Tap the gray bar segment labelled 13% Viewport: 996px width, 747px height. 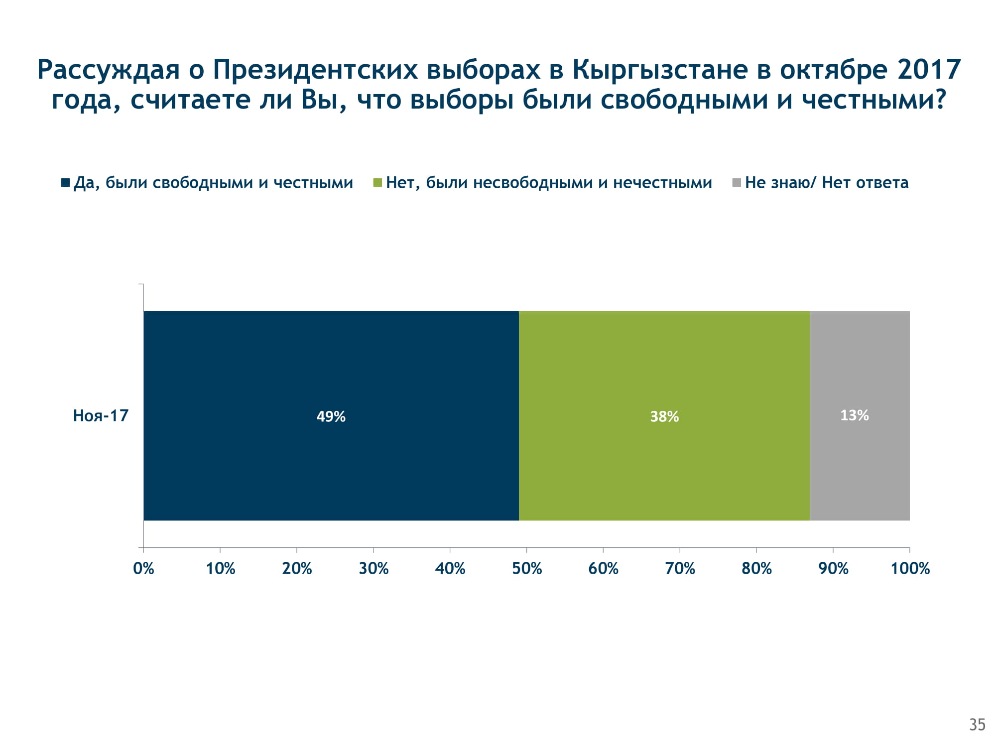tap(860, 463)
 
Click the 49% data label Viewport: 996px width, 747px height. tap(331, 416)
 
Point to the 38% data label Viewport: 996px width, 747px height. tap(664, 416)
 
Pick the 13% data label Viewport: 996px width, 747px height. tap(855, 415)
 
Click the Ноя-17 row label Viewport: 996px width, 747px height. tap(101, 416)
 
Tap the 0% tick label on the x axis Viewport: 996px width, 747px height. tap(143, 568)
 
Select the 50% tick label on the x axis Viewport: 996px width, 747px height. tap(527, 568)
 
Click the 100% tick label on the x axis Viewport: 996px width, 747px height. tap(910, 568)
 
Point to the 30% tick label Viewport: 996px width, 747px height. tap(373, 568)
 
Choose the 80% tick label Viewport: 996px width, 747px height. tap(756, 568)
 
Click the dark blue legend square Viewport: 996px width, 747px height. tap(65, 183)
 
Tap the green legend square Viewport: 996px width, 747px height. tap(377, 183)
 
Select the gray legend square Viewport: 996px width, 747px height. tap(737, 183)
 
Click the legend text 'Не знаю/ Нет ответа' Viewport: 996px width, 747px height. tap(827, 183)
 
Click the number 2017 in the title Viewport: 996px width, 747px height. tap(929, 70)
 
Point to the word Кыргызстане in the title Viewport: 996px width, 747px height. tap(660, 70)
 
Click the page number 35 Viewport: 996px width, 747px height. tap(977, 725)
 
